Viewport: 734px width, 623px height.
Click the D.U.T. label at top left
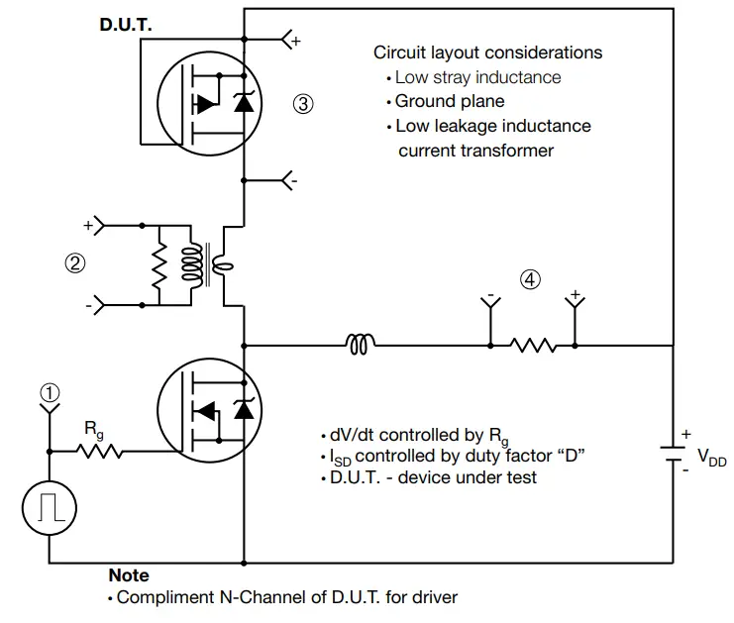126,24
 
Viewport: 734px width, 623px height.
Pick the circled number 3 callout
304,102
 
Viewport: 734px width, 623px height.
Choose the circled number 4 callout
530,280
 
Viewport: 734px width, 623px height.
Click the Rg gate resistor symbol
101,452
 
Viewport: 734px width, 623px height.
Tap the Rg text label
93,430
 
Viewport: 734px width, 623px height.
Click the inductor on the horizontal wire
360,345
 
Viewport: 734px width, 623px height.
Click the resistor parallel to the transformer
157,262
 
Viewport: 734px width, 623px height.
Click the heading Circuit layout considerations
487,52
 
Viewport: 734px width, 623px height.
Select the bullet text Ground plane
449,101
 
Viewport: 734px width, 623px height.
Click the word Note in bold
129,575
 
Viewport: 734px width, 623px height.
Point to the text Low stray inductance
477,77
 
